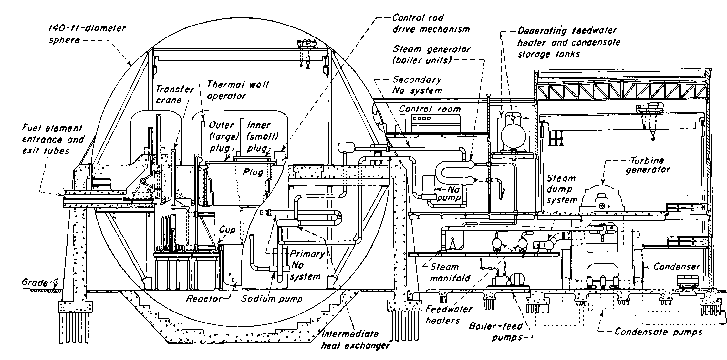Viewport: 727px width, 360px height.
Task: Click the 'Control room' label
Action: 430,109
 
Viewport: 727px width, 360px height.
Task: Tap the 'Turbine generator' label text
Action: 648,165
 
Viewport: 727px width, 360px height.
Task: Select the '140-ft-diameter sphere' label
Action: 87,34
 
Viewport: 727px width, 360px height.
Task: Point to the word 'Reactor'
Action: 204,299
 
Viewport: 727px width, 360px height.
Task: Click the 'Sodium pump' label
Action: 272,299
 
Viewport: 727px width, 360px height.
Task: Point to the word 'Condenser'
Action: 676,267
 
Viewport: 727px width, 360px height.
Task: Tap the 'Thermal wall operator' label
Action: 237,90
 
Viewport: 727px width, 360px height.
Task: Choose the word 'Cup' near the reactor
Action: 227,230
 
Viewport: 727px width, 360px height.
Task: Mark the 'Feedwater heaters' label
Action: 449,314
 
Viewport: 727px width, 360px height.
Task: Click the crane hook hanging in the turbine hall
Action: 653,137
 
